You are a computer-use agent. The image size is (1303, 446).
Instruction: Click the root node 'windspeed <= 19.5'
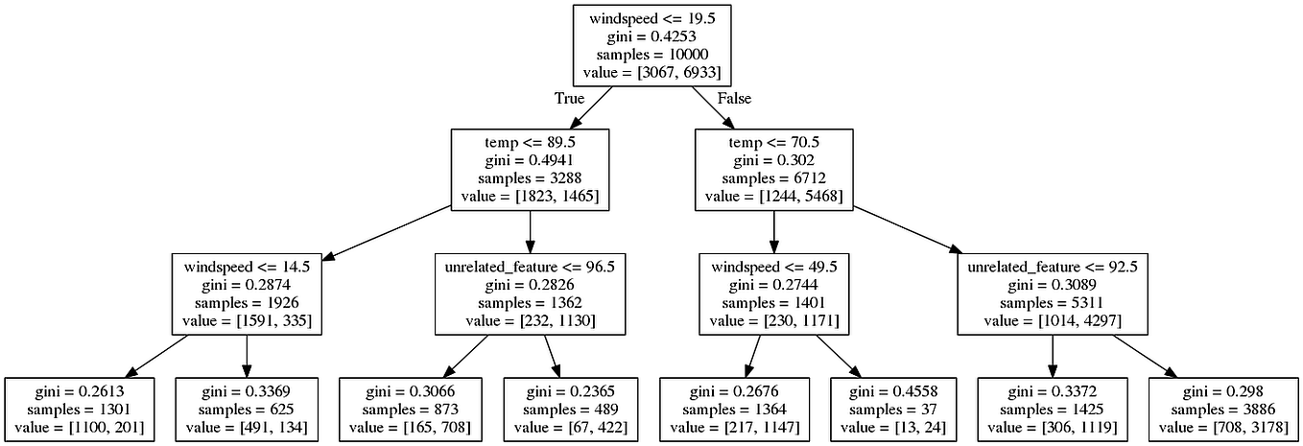pos(651,46)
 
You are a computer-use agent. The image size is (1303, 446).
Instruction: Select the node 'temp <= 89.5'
pos(530,170)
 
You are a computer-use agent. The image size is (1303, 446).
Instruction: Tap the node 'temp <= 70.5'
pos(774,170)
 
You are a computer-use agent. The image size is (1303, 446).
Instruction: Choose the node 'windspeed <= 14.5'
pos(247,293)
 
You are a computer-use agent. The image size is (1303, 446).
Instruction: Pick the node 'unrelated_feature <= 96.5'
pos(530,293)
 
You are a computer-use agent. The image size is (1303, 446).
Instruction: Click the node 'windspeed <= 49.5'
pos(773,293)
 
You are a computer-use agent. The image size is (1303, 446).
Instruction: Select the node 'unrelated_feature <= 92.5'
pos(1053,293)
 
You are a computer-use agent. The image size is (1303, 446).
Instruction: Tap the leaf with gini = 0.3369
pos(247,410)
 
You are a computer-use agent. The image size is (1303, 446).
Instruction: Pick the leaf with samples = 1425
pos(1053,410)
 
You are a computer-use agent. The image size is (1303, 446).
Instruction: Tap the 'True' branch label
pos(569,99)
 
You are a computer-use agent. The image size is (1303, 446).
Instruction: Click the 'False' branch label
pos(734,99)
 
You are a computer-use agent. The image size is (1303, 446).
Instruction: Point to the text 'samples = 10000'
pos(651,55)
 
